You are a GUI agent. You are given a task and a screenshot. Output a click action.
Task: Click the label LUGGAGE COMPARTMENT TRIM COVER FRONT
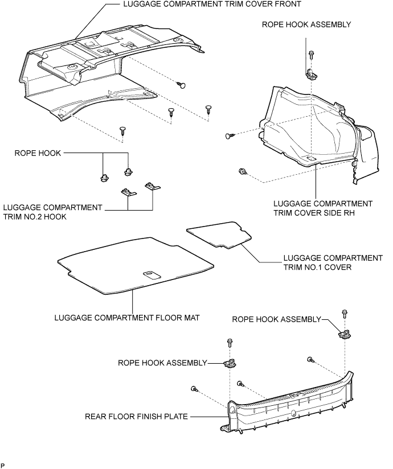(212, 4)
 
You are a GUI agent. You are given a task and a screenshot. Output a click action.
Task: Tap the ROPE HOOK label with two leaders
(38, 153)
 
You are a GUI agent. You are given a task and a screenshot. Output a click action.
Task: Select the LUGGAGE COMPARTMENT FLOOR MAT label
(127, 318)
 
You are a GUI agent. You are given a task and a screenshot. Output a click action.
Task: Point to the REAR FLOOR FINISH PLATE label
(136, 417)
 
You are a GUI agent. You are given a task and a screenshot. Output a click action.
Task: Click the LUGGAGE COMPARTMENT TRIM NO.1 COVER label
(333, 262)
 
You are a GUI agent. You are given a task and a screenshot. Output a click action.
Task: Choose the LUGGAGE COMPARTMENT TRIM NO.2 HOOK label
(52, 212)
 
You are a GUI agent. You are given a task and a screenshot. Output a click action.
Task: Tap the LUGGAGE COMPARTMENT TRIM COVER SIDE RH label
(323, 208)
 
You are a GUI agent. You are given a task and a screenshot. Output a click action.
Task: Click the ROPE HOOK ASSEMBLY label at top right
(306, 24)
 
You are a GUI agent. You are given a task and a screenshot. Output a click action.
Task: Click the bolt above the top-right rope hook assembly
(312, 55)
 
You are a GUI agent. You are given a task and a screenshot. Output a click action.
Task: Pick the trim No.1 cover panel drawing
(219, 235)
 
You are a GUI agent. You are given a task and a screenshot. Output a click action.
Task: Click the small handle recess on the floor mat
(151, 274)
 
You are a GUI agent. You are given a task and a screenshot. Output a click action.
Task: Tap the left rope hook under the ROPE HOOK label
(104, 178)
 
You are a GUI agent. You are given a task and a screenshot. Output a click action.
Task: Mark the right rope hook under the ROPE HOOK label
(128, 172)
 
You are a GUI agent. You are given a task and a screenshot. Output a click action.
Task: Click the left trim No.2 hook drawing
(128, 192)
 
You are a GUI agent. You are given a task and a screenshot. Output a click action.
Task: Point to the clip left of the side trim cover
(230, 136)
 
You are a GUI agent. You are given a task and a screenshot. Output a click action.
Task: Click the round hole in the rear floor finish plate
(293, 414)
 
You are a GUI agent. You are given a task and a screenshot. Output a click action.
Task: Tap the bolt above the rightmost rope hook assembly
(344, 315)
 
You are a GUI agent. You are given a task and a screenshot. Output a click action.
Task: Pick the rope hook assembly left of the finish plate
(230, 363)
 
